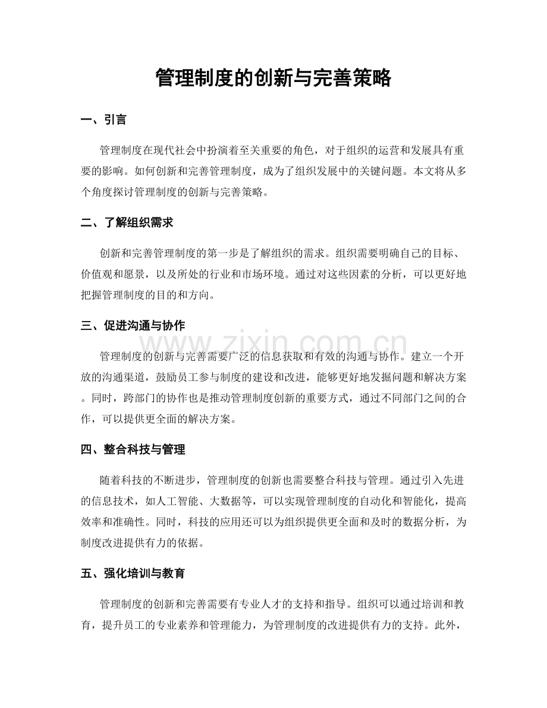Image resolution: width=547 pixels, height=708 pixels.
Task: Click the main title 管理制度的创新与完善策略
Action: [x=273, y=78]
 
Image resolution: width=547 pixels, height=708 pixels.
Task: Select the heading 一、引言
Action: [x=103, y=120]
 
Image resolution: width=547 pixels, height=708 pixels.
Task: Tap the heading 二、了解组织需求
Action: [x=127, y=223]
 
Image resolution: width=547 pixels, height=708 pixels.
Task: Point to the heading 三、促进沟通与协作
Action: [x=133, y=326]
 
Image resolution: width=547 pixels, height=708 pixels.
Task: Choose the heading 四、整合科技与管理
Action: [x=133, y=449]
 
